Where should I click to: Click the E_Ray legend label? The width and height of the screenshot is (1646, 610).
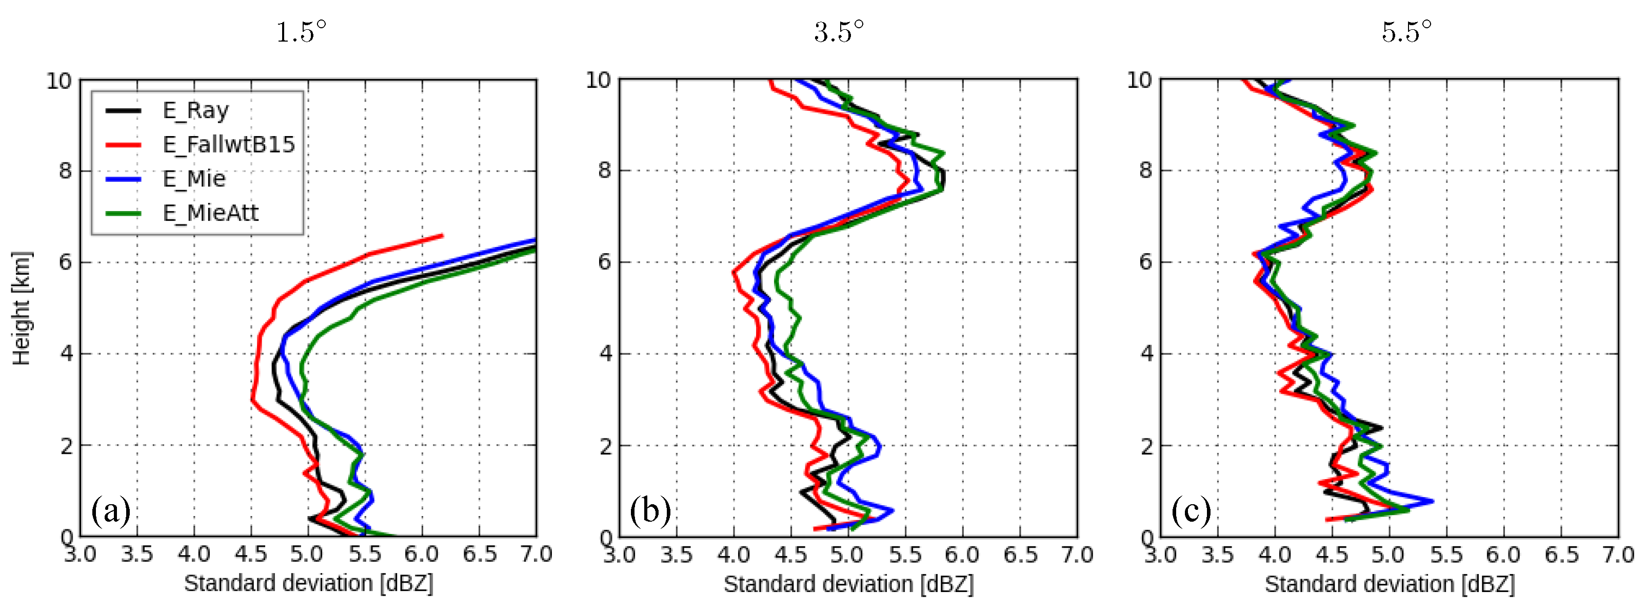click(x=195, y=110)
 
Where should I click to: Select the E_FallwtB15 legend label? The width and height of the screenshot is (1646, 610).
click(x=229, y=144)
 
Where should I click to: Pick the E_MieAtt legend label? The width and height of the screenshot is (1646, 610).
click(x=211, y=213)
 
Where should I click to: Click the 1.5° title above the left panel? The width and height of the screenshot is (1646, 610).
click(x=301, y=31)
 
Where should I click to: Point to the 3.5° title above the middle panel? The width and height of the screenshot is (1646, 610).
click(x=839, y=31)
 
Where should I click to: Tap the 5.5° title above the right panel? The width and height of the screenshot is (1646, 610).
click(x=1406, y=31)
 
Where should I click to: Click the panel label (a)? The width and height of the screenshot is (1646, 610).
click(x=111, y=511)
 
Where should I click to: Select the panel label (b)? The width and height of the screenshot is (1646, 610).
click(x=650, y=511)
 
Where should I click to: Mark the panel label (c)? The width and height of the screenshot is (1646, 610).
click(x=1191, y=511)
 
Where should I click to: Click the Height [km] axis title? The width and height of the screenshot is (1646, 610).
click(x=22, y=308)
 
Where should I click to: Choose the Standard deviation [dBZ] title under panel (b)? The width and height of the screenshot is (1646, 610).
click(x=848, y=584)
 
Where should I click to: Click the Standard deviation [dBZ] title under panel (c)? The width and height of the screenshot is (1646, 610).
click(x=1390, y=584)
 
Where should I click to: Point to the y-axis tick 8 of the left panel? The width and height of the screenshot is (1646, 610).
click(x=66, y=170)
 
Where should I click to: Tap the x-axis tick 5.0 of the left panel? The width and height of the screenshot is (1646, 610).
click(x=307, y=554)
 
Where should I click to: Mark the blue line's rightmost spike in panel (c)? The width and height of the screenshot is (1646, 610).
click(x=1433, y=501)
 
